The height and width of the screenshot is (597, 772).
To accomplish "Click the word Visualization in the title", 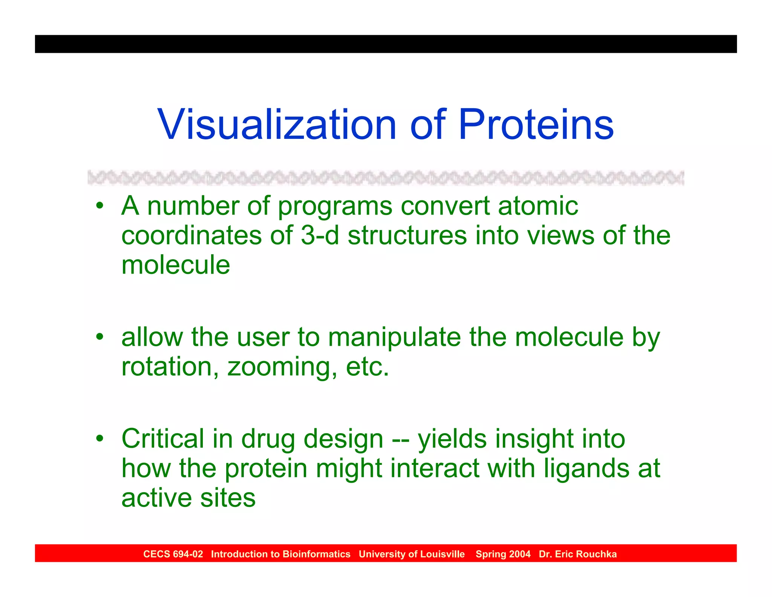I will coord(277,125).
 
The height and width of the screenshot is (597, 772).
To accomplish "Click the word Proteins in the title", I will coord(536,125).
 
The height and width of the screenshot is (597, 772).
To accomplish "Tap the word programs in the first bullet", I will coord(335,207).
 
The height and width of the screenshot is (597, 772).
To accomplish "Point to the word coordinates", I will coord(191,235).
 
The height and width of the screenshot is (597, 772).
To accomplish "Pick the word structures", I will coord(407,235).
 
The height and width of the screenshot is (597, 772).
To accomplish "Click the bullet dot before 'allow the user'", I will coord(99,337).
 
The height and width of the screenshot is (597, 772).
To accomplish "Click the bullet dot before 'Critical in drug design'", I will coord(99,439).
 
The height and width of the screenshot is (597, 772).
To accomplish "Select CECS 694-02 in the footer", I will coord(173,554).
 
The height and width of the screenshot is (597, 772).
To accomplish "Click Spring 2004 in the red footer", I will coord(503,554).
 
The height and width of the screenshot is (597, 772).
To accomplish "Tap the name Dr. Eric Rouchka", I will coord(577,554).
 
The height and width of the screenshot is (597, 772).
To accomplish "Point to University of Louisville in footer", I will coord(412,554).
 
